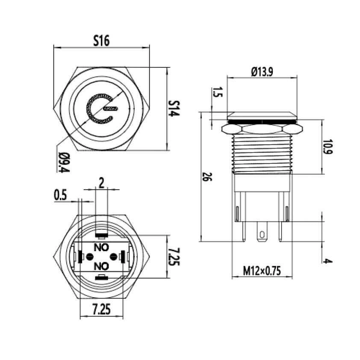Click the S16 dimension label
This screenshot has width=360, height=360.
(101, 41)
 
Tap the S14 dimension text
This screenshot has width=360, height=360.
(174, 108)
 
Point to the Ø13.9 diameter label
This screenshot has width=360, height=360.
(262, 72)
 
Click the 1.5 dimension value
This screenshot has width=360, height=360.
(217, 92)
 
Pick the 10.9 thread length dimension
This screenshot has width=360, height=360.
(328, 147)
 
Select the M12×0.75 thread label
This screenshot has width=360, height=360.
(262, 271)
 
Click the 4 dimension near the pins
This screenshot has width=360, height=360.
(328, 261)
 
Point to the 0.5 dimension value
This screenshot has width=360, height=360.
(60, 196)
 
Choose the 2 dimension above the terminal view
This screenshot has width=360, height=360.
(101, 184)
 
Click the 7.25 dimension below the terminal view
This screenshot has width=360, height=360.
(101, 309)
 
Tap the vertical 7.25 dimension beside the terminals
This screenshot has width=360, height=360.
(174, 257)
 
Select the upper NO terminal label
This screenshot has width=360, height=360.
(101, 247)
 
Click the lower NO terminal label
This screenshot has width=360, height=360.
(101, 266)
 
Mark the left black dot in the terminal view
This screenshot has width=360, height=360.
(89, 257)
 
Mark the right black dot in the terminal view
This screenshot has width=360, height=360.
(113, 257)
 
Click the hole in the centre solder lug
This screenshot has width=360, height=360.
(262, 235)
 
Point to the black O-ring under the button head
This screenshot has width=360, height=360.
(262, 121)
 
